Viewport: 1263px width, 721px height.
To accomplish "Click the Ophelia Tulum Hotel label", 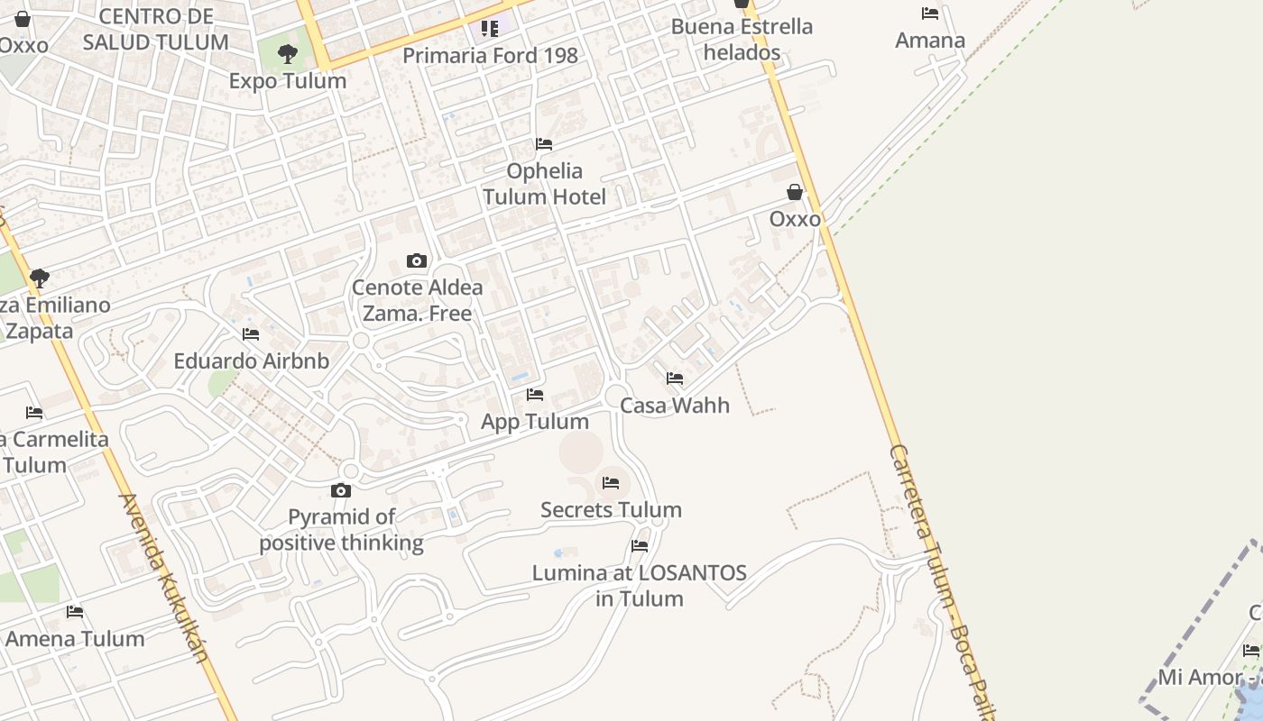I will tap(544, 184).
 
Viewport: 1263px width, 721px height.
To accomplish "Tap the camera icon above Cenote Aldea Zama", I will tap(417, 261).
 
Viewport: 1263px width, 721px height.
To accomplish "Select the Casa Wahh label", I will tap(675, 406).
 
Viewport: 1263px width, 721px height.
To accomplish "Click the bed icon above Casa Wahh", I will tap(675, 379).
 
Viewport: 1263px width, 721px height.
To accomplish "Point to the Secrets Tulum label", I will tap(611, 510).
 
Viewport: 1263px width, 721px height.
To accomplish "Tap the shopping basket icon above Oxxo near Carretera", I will tap(795, 192).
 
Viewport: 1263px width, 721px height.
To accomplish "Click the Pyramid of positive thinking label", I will tap(341, 530).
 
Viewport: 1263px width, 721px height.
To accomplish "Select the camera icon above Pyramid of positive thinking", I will tap(341, 490).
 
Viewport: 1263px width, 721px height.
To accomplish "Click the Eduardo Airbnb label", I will tap(251, 361).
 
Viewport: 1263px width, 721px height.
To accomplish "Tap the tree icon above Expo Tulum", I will tap(288, 54).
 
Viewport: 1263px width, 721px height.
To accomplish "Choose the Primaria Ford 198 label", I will tap(490, 56).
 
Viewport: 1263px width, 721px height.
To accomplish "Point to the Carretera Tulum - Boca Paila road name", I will tap(938, 577).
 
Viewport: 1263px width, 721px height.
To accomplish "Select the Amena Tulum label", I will tap(75, 639).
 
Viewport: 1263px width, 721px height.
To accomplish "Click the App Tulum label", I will tap(535, 422).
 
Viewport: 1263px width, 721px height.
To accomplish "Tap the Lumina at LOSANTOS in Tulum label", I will tap(640, 586).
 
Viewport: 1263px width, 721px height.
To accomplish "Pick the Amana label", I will tap(930, 41).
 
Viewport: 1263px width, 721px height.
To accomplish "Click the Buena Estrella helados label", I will tap(742, 40).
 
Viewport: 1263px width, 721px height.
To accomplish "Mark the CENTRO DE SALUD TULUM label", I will tap(156, 29).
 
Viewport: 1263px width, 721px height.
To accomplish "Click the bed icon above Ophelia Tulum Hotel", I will tap(544, 144).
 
